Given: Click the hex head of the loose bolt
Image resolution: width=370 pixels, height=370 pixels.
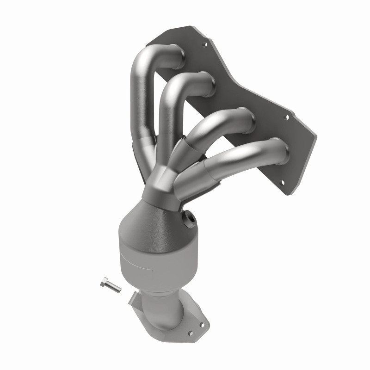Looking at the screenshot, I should coord(103,283).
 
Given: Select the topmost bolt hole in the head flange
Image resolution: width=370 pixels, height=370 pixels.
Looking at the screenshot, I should coord(204,45).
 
